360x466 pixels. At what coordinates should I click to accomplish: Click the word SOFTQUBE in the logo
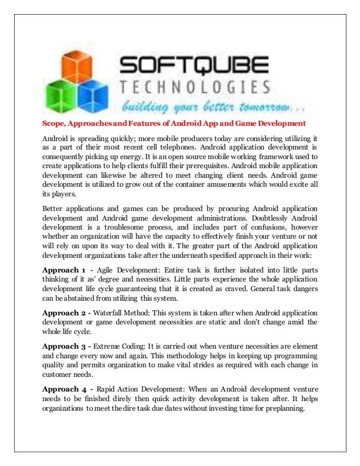(192, 65)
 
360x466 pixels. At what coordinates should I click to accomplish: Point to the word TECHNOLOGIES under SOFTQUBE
(195, 87)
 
